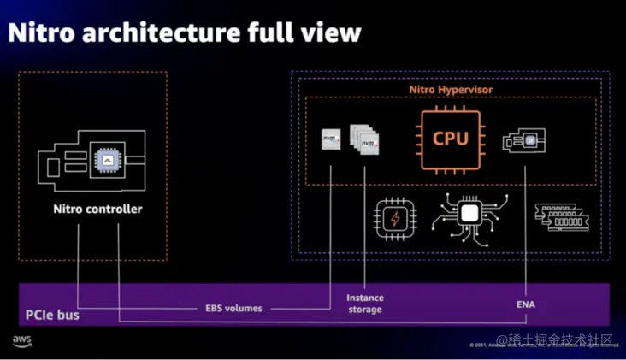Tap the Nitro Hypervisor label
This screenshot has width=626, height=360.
[x=450, y=88]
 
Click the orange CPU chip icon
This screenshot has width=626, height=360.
[x=450, y=139]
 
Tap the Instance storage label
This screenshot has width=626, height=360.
[x=365, y=304]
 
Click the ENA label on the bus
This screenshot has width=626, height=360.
[x=527, y=304]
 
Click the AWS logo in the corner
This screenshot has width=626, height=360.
[x=22, y=341]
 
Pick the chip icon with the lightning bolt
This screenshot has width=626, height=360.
[x=395, y=220]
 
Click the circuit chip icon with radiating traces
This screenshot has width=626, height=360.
[x=469, y=215]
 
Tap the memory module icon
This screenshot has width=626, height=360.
[x=558, y=218]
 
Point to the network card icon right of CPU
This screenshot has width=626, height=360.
[x=525, y=139]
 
